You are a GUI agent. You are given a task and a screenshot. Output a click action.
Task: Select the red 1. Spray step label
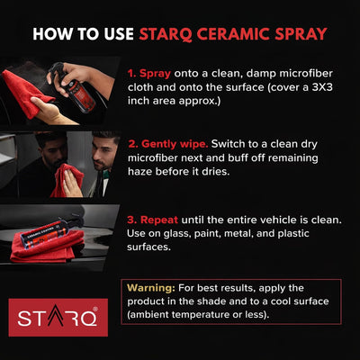(x=149, y=70)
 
